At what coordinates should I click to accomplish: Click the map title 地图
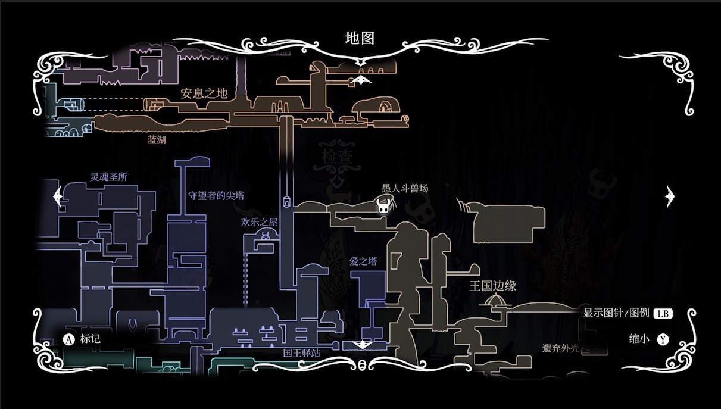pyautogui.click(x=360, y=38)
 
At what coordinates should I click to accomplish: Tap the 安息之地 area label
pyautogui.click(x=204, y=93)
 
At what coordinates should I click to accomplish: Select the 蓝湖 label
pyautogui.click(x=157, y=139)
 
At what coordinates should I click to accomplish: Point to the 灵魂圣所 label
pyautogui.click(x=109, y=177)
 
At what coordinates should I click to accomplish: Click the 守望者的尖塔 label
pyautogui.click(x=216, y=195)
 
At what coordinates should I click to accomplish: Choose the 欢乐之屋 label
pyautogui.click(x=259, y=222)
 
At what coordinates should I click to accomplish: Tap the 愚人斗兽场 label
pyautogui.click(x=405, y=188)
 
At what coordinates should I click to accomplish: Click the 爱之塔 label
pyautogui.click(x=363, y=261)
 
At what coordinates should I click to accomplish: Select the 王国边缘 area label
pyautogui.click(x=492, y=286)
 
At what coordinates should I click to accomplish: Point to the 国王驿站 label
pyautogui.click(x=302, y=353)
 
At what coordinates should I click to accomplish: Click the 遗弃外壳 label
pyautogui.click(x=560, y=348)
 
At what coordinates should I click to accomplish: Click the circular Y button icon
pyautogui.click(x=663, y=339)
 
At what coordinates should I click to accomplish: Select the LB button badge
pyautogui.click(x=663, y=313)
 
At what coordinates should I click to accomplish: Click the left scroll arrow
pyautogui.click(x=58, y=196)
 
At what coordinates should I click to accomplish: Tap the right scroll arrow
pyautogui.click(x=670, y=196)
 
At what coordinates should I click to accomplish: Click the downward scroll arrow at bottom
pyautogui.click(x=362, y=345)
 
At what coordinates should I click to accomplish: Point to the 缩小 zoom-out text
pyautogui.click(x=639, y=339)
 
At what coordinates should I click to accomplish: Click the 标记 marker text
pyautogui.click(x=90, y=339)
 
